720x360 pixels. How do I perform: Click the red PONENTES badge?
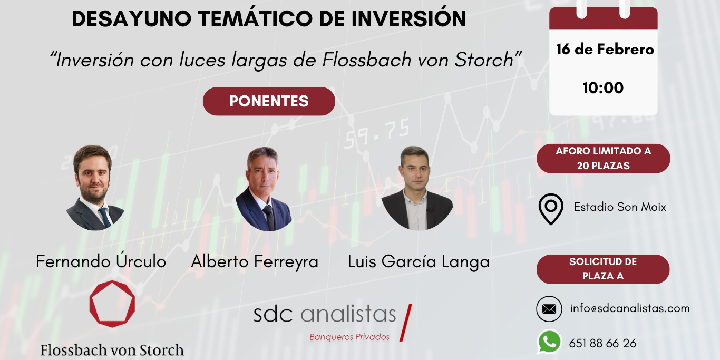tap(269, 101)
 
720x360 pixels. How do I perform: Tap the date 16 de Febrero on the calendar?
tap(605, 50)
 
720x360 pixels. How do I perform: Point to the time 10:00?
tap(603, 87)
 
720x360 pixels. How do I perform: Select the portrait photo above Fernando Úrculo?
tap(95, 188)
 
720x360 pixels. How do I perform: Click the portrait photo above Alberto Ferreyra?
tap(264, 189)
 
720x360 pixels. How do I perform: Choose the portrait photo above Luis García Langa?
tap(417, 188)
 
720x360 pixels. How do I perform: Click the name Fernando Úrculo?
tap(101, 261)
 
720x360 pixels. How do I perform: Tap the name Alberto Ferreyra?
tap(255, 261)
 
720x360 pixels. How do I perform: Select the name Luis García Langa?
tap(419, 262)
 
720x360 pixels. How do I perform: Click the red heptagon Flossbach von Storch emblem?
tap(112, 304)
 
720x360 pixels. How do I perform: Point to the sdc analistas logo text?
tap(325, 314)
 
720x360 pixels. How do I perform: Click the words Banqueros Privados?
tap(349, 337)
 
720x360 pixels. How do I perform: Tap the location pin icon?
tap(551, 209)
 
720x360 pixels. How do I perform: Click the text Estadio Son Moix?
tap(620, 207)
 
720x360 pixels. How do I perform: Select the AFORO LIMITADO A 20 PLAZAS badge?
tap(603, 158)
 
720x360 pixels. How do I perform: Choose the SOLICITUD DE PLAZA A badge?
tap(603, 269)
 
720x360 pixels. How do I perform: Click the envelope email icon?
tap(549, 309)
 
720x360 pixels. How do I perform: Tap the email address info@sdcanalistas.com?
tap(630, 308)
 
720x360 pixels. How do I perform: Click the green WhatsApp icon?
tap(549, 342)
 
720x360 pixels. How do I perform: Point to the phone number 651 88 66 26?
tap(602, 343)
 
